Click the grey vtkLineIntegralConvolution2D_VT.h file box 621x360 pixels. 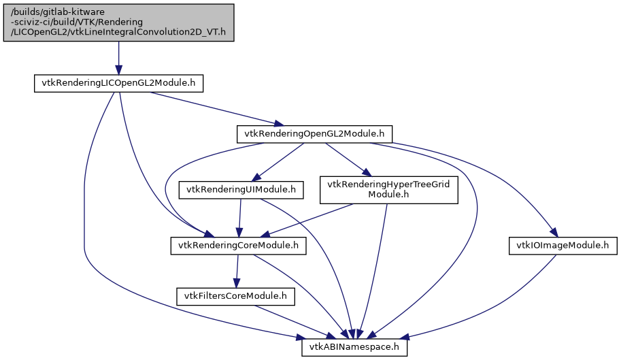coord(118,22)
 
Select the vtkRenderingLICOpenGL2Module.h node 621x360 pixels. coord(119,84)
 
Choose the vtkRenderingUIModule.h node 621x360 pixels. coord(241,189)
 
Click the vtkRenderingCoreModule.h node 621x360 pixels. coord(237,245)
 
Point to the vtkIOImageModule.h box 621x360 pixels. coord(563,245)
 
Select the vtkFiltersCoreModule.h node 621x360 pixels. coord(235,296)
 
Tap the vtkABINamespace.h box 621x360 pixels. coord(354,347)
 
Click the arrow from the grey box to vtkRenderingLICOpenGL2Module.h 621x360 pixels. coord(118,58)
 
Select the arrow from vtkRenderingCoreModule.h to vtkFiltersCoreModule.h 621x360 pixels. coord(237,270)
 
